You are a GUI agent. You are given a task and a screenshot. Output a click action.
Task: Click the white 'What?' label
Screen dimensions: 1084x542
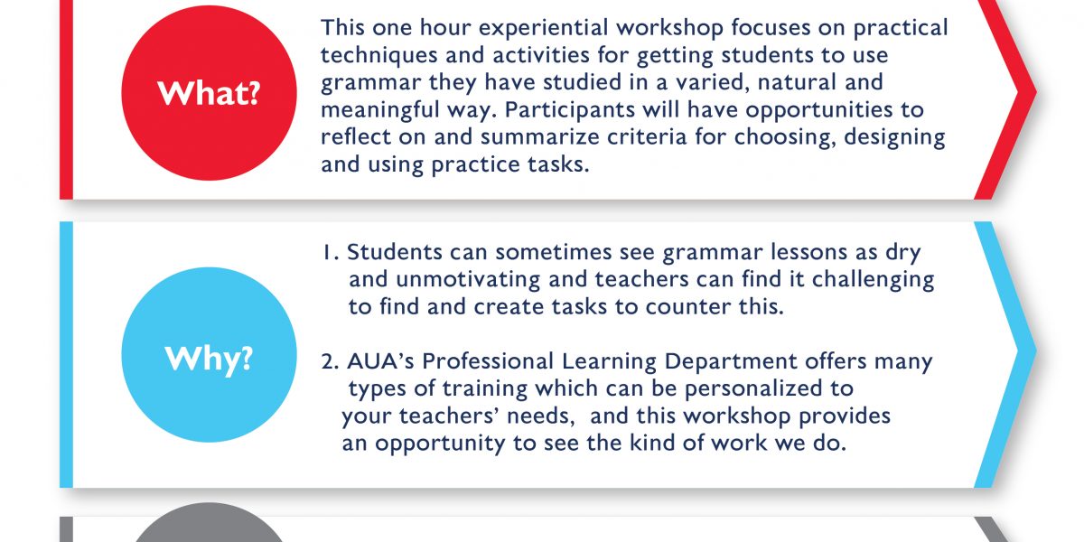click(209, 93)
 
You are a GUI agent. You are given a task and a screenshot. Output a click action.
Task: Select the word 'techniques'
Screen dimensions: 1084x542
click(378, 55)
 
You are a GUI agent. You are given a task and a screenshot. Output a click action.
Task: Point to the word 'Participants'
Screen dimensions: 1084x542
click(570, 110)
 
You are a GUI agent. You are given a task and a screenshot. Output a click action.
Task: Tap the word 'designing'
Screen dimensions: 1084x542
click(894, 138)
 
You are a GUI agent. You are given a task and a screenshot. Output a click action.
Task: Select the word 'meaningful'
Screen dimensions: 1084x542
click(380, 110)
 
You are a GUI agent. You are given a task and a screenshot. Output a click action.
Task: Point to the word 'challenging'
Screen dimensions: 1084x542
click(873, 280)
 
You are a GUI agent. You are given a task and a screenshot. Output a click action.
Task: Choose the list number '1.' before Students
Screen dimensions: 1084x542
click(331, 252)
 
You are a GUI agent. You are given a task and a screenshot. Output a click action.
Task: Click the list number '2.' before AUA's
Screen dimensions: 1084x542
click(330, 361)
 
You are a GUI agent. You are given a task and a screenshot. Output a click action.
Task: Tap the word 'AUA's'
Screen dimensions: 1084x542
click(380, 361)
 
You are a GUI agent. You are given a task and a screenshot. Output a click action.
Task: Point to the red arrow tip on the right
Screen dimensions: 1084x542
click(1035, 92)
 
